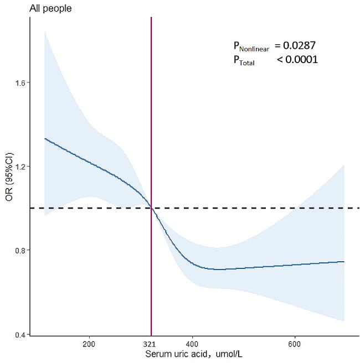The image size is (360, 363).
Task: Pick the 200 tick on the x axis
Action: pyautogui.click(x=89, y=344)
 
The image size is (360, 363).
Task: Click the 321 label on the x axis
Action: pyautogui.click(x=151, y=344)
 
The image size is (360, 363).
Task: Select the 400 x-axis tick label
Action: pyautogui.click(x=192, y=344)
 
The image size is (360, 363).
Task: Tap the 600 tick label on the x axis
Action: pyautogui.click(x=295, y=344)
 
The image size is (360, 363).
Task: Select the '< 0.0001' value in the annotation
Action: pyautogui.click(x=297, y=60)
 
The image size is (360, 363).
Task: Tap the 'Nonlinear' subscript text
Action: pyautogui.click(x=254, y=49)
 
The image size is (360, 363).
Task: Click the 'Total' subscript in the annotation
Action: pyautogui.click(x=247, y=63)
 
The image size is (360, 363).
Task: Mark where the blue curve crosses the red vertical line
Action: pyautogui.click(x=151, y=208)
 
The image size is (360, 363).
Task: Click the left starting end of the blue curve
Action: pyautogui.click(x=45, y=138)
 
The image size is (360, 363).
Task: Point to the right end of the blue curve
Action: pyautogui.click(x=344, y=262)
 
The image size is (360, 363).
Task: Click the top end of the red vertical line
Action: pyautogui.click(x=151, y=18)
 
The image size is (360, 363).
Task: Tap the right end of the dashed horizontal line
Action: pyautogui.click(x=359, y=208)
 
